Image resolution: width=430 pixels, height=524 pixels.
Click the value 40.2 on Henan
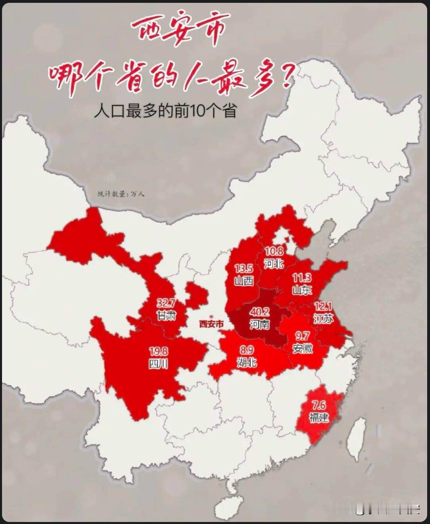tap(259, 312)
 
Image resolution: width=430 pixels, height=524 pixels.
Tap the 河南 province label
tap(259, 324)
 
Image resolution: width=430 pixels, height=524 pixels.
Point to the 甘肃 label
tap(166, 315)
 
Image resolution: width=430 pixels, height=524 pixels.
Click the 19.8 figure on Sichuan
tap(158, 351)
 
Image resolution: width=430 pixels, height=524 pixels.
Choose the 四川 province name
tap(158, 363)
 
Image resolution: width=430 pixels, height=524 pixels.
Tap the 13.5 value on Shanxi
tap(244, 268)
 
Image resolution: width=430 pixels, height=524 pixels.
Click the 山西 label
tap(244, 280)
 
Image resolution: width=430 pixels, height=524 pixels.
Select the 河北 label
tap(274, 264)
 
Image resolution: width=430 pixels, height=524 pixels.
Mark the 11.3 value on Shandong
tap(302, 278)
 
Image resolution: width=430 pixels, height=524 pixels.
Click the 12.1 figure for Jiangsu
tap(323, 306)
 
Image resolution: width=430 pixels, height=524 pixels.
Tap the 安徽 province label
tap(302, 348)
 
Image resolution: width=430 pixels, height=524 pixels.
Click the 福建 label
tap(319, 417)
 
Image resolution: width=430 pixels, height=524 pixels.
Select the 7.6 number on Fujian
tap(319, 405)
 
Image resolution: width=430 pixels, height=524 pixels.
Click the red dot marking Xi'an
tap(211, 317)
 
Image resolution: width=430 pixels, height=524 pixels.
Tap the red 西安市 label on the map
tap(211, 324)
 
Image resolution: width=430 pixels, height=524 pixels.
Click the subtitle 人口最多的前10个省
tap(165, 110)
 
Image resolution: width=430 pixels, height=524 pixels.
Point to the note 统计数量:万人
tap(121, 194)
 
